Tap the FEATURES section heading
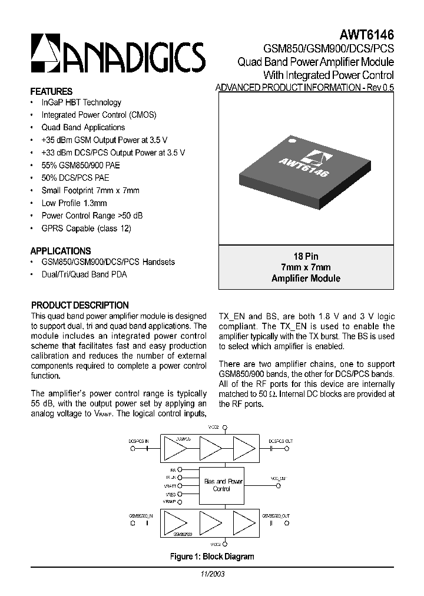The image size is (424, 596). (51, 91)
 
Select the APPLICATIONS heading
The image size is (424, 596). (61, 250)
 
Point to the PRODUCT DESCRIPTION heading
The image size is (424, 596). (79, 305)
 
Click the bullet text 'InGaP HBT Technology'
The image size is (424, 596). (81, 102)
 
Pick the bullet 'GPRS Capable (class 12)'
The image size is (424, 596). (86, 229)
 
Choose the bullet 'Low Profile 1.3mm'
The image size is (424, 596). (74, 203)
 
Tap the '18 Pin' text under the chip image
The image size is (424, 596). (306, 257)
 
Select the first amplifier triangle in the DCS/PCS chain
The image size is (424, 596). (175, 448)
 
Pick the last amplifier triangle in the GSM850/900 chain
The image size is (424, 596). (243, 522)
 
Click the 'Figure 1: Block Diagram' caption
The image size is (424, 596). (211, 557)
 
